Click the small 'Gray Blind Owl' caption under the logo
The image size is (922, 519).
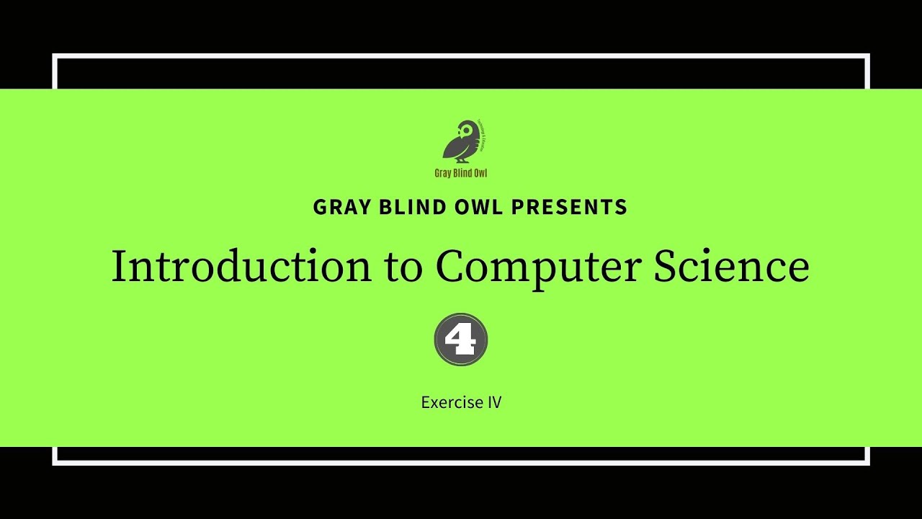[461, 173]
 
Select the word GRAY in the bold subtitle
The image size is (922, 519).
[338, 208]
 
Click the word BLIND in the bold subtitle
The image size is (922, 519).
[402, 208]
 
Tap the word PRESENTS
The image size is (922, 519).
[569, 208]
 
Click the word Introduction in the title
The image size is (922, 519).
[241, 267]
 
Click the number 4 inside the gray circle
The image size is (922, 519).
[461, 340]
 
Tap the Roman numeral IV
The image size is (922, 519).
[493, 402]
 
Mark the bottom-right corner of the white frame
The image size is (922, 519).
[867, 463]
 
